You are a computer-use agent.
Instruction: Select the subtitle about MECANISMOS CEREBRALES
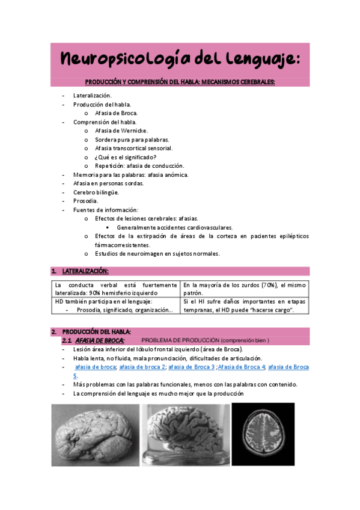pos(180,82)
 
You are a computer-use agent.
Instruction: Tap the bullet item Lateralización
pos(92,96)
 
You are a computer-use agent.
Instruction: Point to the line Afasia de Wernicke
pos(121,131)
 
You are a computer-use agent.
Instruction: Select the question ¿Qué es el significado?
pos(126,157)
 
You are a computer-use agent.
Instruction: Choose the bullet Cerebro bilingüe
pos(96,192)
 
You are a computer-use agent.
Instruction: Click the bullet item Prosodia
pos(85,201)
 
